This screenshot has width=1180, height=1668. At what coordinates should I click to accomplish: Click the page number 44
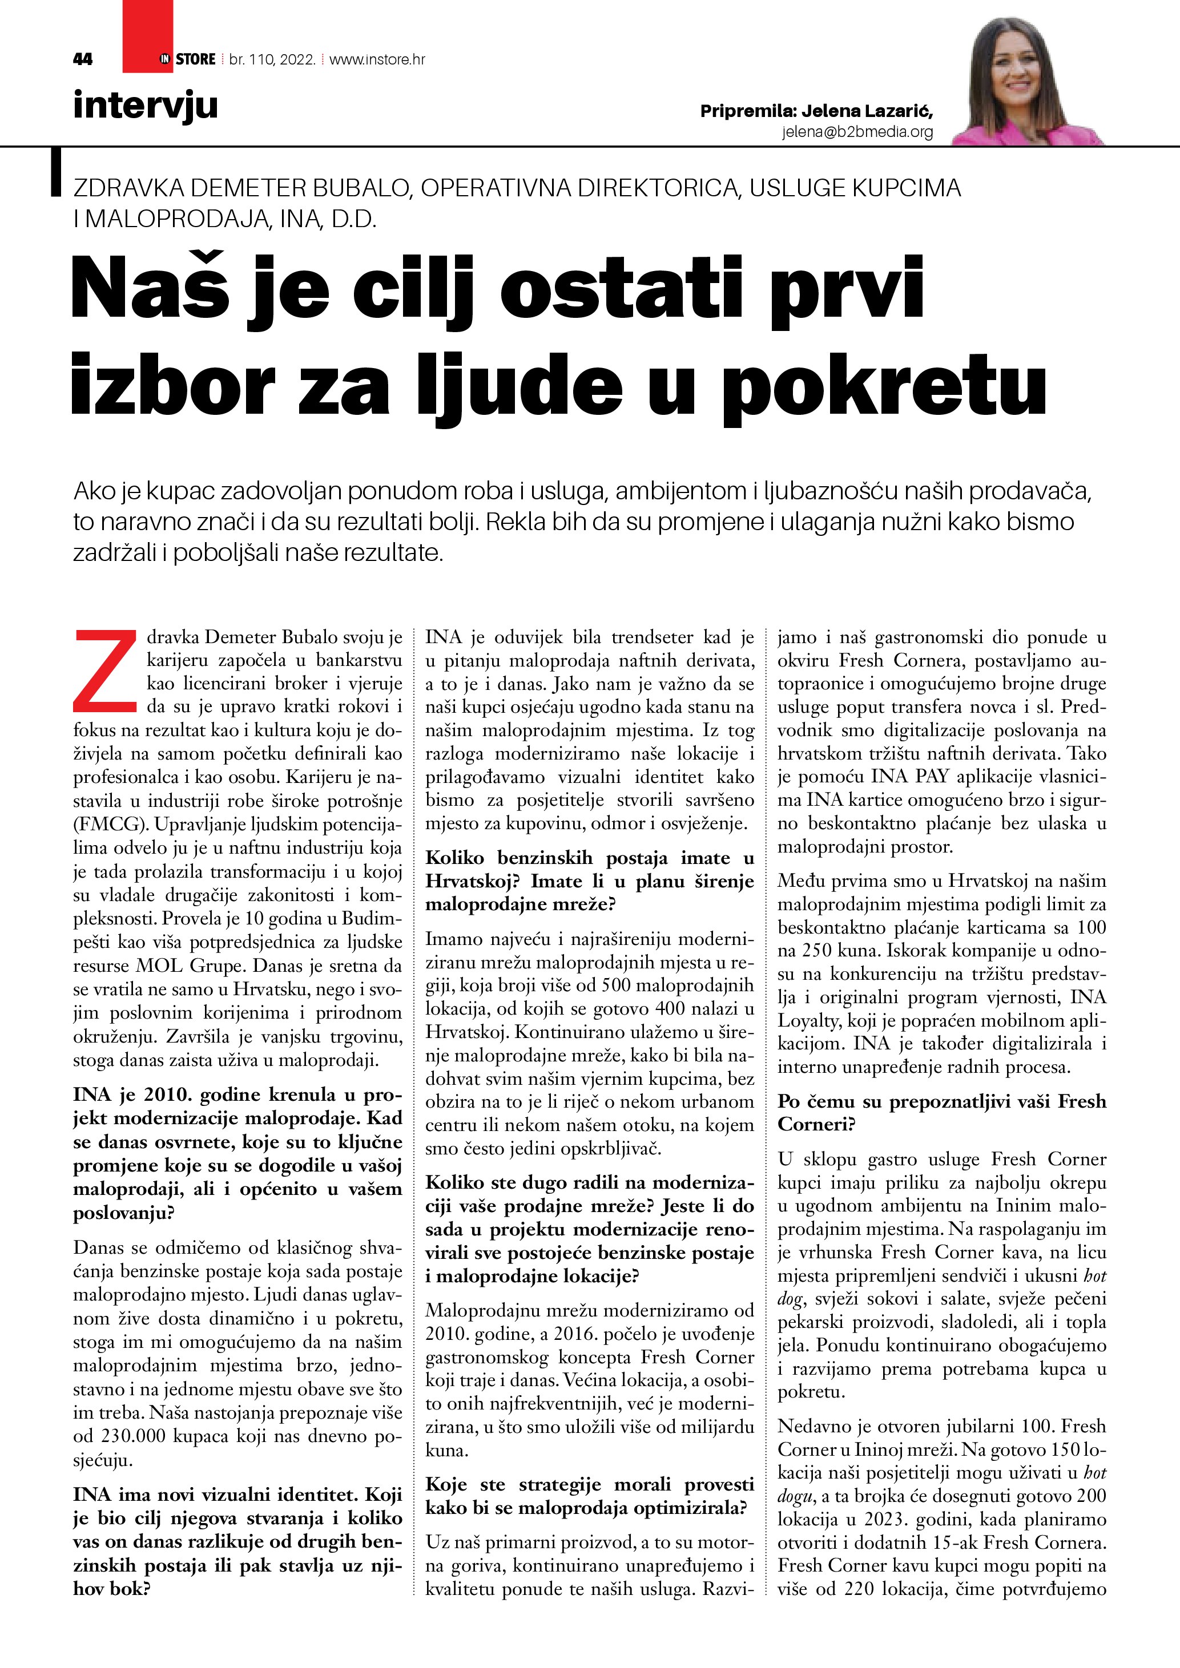coord(83,59)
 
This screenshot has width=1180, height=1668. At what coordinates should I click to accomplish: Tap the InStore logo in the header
coord(187,59)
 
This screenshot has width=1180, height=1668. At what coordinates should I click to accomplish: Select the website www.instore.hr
coord(377,59)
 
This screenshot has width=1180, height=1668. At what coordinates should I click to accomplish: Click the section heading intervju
coord(146,106)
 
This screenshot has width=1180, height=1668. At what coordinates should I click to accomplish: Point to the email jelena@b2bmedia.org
coord(857,131)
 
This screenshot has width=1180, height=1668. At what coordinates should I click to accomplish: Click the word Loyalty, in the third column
coord(809,1021)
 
